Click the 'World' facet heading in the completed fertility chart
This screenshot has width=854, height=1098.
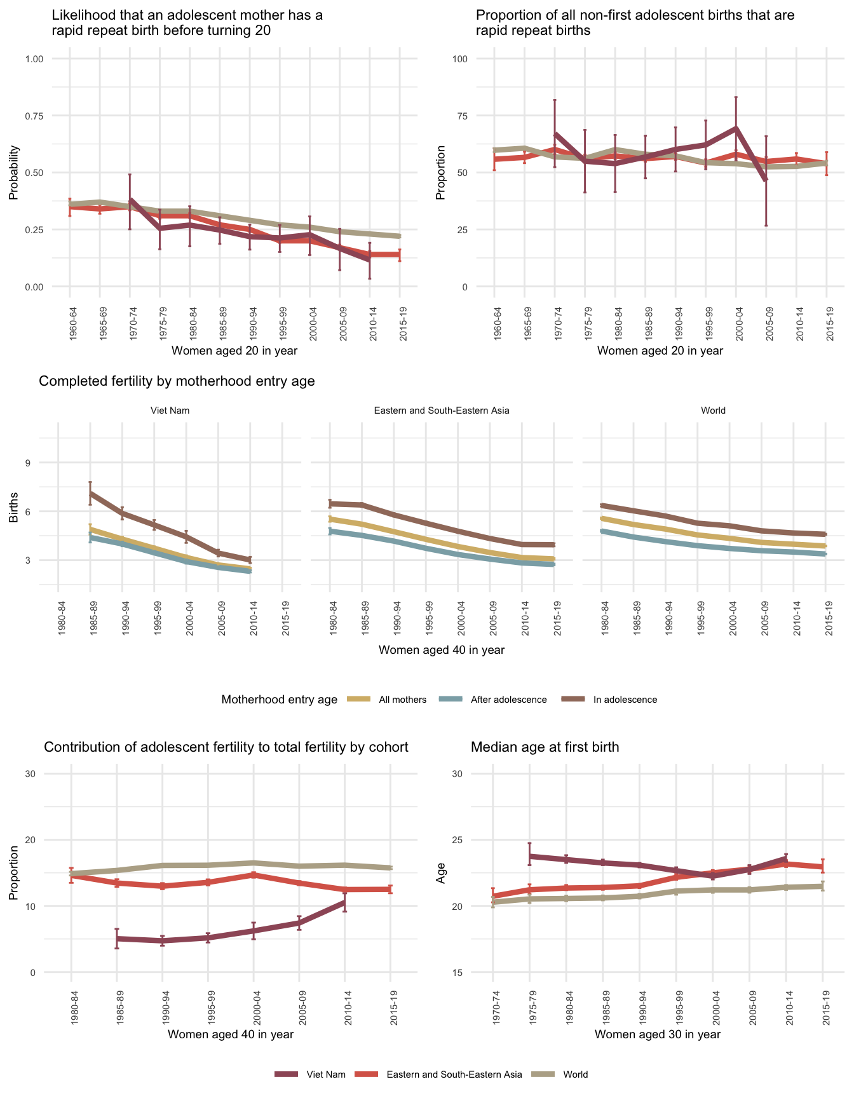[713, 410]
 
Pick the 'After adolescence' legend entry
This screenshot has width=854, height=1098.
[508, 700]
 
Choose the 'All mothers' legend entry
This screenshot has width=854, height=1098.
[402, 700]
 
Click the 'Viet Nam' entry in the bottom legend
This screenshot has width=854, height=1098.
[325, 1074]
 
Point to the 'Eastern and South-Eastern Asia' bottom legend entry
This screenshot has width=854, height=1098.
[454, 1074]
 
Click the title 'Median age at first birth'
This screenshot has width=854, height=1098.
[545, 747]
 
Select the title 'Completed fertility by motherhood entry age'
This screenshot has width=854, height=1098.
[177, 381]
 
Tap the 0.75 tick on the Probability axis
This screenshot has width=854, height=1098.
[34, 116]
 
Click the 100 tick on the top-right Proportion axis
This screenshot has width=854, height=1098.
[460, 59]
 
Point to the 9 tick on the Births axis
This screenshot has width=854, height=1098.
[28, 463]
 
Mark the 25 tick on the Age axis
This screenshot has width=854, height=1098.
[460, 840]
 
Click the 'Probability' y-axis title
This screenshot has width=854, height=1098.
[13, 173]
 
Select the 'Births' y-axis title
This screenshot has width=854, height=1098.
[13, 512]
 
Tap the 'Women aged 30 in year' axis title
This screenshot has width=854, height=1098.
[658, 1034]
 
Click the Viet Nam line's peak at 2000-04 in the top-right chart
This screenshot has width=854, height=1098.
[736, 128]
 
